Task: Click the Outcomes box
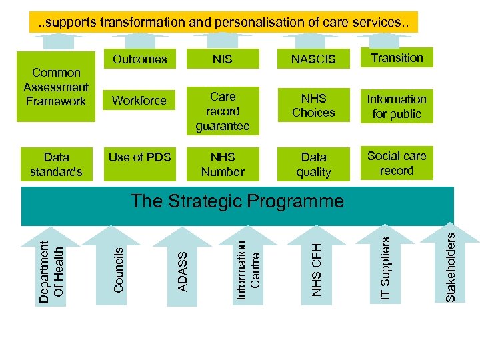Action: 139,59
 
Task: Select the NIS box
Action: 222,59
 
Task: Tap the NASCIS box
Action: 313,59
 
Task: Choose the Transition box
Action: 397,58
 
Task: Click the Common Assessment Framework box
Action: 56,87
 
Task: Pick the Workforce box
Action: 139,101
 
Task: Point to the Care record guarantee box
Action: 222,111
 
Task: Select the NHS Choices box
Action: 313,105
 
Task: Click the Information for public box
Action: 397,106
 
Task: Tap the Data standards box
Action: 56,164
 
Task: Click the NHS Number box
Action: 222,164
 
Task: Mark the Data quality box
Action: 313,164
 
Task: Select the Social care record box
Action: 397,163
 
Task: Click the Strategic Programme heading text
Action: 237,201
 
